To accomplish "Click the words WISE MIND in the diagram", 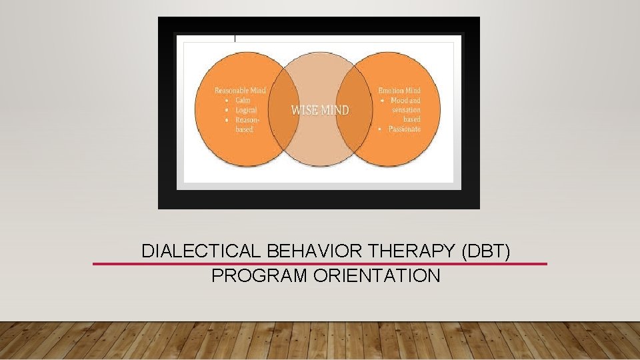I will [319, 110].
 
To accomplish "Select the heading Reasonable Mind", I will [240, 91].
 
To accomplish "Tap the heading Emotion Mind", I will [399, 91].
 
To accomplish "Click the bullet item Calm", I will [243, 100].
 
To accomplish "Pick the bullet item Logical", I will [245, 110].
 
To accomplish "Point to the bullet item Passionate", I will [405, 129].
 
